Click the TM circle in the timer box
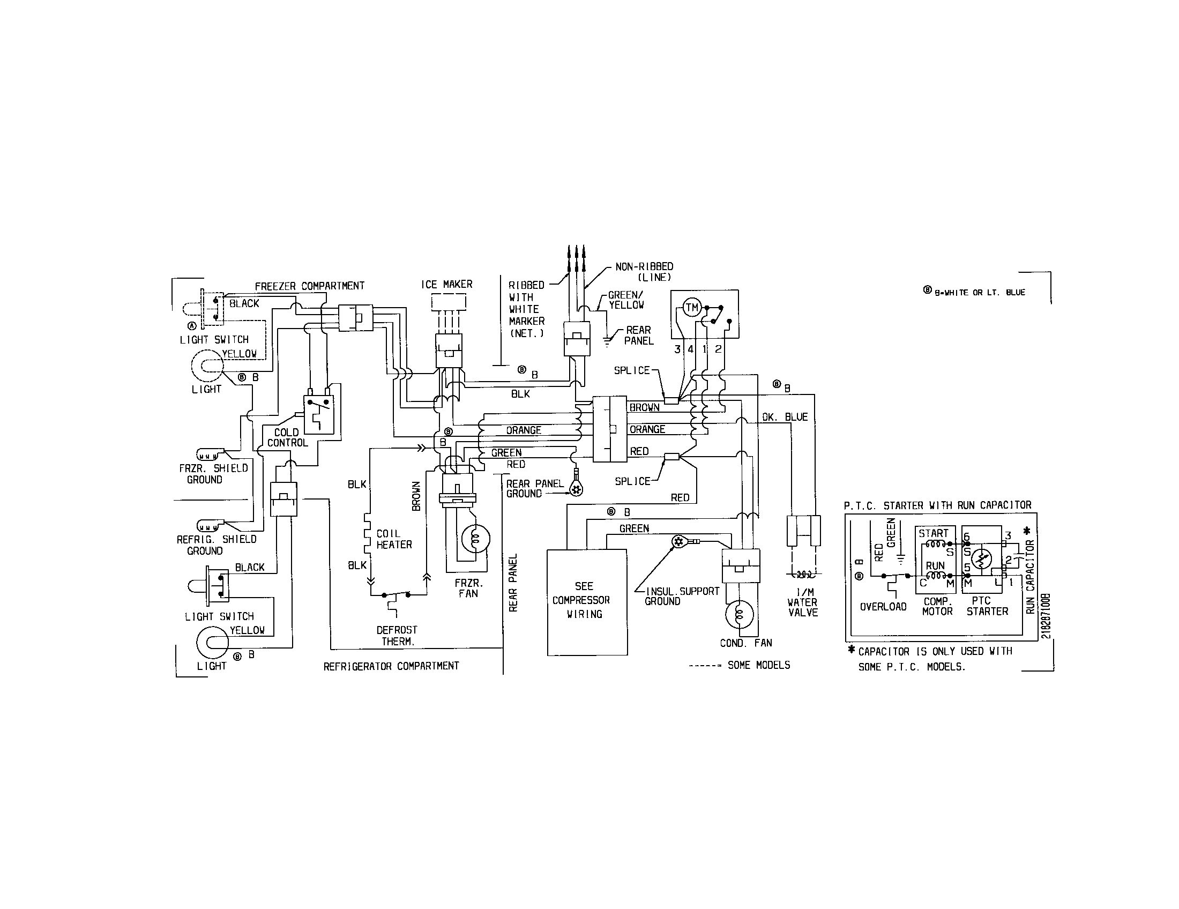point(691,308)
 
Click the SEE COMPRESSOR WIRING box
point(587,601)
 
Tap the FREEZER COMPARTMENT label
point(309,286)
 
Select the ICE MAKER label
point(446,284)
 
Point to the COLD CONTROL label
point(287,437)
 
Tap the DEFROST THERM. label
point(397,636)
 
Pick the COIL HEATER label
point(393,539)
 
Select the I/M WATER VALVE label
point(803,602)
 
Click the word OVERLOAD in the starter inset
point(883,607)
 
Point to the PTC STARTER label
point(987,606)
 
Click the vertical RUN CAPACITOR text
point(1030,577)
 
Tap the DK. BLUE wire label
point(785,418)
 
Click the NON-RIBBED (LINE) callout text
point(645,272)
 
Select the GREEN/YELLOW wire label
point(625,300)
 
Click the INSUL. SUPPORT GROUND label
point(681,596)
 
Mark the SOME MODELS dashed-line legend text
point(758,665)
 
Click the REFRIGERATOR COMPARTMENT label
point(391,666)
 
